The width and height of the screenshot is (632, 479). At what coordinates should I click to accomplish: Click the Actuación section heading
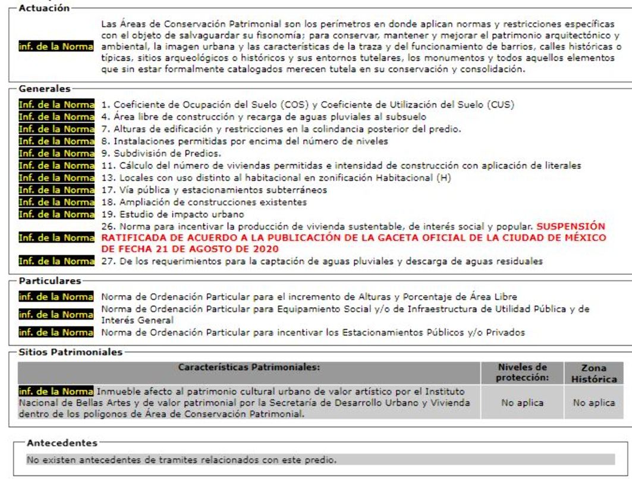[43, 10]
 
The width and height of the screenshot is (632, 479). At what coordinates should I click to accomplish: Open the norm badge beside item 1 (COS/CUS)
[56, 105]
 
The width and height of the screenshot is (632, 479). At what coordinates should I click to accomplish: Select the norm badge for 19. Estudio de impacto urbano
[56, 214]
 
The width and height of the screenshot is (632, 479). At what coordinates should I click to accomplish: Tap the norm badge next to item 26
[56, 237]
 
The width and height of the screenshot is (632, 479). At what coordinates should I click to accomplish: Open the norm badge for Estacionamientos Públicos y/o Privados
[56, 331]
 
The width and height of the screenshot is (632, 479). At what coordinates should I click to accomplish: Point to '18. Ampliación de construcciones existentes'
[205, 202]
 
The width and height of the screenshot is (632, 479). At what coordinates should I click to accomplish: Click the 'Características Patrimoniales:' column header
[249, 367]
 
